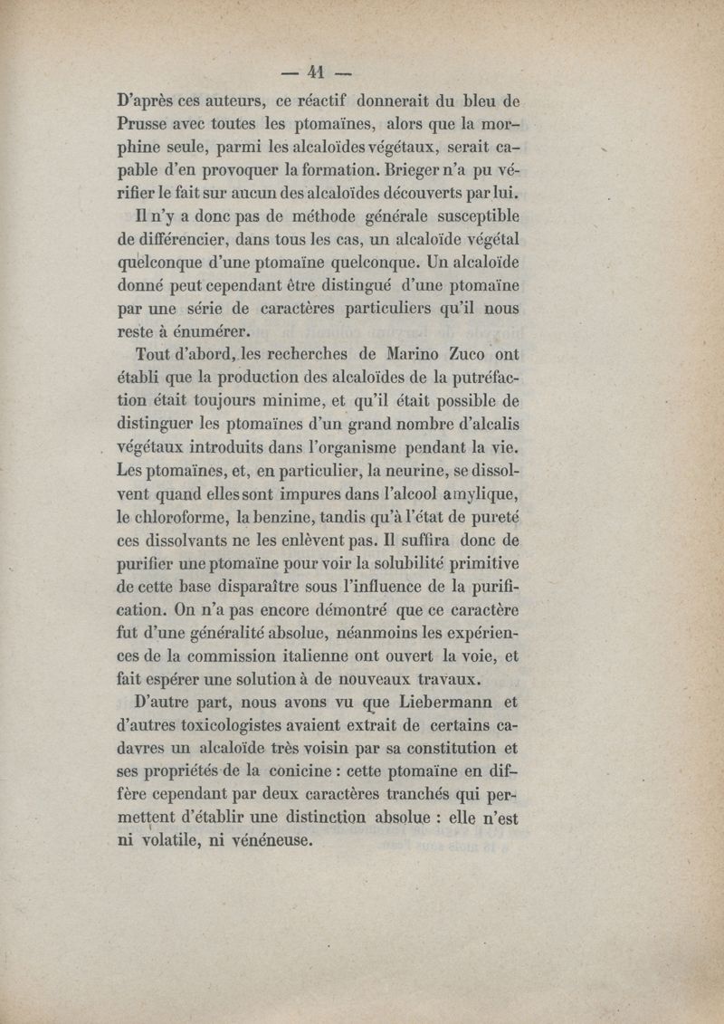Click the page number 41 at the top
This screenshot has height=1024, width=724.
click(316, 73)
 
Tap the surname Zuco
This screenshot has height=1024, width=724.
click(437, 354)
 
